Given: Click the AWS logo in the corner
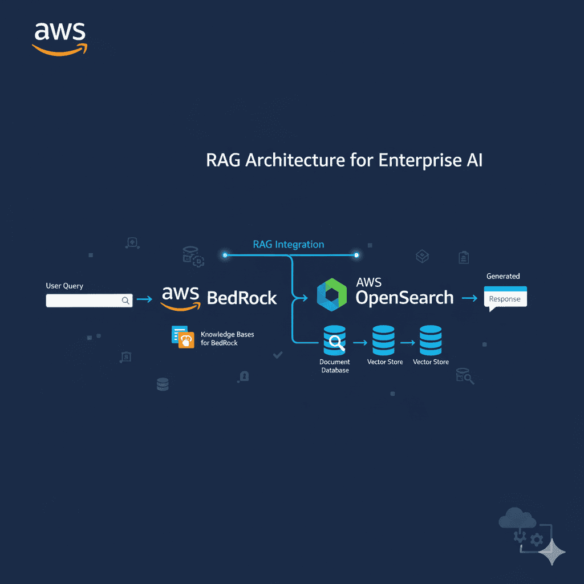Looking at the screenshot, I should pos(59,38).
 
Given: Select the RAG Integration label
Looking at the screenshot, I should pos(288,245).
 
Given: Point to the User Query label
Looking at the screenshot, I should pos(64,286).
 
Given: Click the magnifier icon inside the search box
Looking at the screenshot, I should pos(125,300).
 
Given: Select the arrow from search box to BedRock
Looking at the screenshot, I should pos(145,299).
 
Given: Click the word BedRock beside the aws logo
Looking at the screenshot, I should pos(242,298).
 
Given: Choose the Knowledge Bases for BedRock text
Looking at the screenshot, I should pos(227,339).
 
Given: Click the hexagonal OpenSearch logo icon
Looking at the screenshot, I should pos(331,295).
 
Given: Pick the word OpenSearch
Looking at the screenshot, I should pos(404,298).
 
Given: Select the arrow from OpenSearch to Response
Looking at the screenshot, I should pos(469,298).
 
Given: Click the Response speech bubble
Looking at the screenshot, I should pos(505,299).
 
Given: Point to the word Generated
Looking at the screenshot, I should pos(503,276).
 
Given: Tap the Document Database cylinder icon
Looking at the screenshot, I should pos(335,340).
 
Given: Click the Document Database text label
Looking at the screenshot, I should pos(335,366).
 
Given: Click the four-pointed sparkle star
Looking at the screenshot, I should pos(551,551).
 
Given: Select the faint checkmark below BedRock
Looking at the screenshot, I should pos(278,355).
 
